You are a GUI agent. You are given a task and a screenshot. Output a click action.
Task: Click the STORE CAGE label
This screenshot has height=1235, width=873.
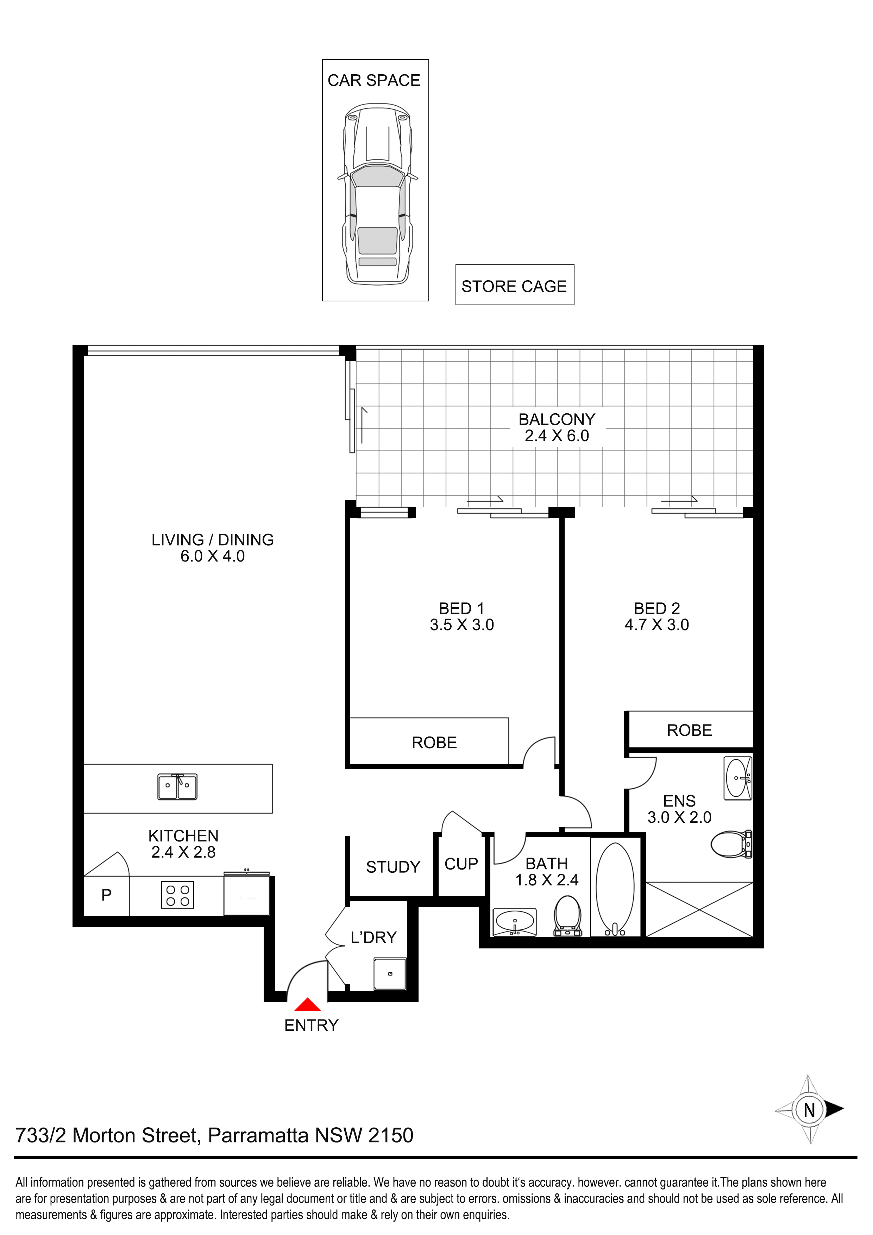[514, 286]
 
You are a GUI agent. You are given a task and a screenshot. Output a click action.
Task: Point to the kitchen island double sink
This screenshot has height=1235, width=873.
[177, 786]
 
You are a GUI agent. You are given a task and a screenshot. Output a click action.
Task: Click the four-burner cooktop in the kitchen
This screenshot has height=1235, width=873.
[177, 896]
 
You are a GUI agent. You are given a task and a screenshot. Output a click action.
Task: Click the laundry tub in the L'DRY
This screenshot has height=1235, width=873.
[390, 973]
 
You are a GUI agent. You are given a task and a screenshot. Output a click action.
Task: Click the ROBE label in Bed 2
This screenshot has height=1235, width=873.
[690, 731]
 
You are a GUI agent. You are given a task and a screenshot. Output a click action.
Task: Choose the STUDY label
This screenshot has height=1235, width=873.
[393, 867]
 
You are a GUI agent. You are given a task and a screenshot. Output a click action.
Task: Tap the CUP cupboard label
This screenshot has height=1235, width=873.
[461, 864]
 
